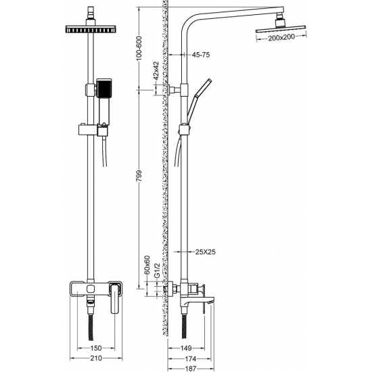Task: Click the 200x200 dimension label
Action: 281,37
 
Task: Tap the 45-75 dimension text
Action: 201,55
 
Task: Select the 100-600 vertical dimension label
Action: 139,48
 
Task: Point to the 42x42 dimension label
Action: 156,70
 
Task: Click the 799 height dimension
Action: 139,176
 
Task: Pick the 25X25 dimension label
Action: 205,252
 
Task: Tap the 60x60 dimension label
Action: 147,265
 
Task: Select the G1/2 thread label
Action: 157,271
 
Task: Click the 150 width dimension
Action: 96,348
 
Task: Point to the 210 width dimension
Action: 96,358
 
